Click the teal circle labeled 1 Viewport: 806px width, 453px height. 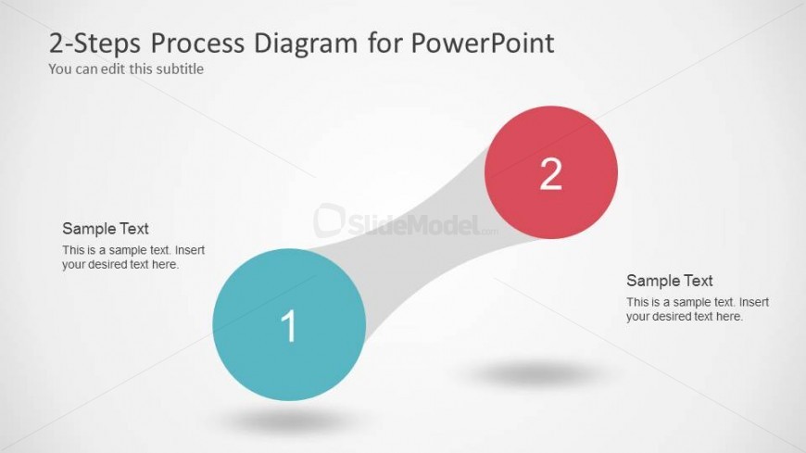tap(289, 324)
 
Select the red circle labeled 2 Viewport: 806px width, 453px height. tap(551, 172)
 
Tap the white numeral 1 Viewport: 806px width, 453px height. tap(289, 326)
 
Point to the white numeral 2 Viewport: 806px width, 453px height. tap(550, 174)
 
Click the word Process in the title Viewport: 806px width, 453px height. tap(197, 44)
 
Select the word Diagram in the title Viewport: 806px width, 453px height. tap(306, 44)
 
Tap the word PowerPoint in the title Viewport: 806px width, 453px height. tap(483, 44)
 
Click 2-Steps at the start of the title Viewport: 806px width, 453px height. tap(94, 44)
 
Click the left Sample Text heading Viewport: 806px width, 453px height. tap(106, 228)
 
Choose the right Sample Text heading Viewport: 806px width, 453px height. tap(669, 281)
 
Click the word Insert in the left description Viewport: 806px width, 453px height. tap(190, 250)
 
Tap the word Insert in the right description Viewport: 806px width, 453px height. tap(754, 302)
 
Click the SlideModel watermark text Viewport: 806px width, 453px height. tap(406, 222)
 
